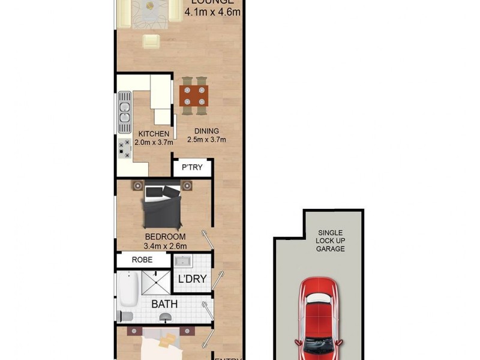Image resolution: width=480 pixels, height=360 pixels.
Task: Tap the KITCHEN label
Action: (153, 133)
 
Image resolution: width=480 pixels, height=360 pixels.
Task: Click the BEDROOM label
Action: (165, 236)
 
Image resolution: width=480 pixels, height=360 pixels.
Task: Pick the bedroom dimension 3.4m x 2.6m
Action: (165, 246)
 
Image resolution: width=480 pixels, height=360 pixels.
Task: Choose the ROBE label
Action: (143, 260)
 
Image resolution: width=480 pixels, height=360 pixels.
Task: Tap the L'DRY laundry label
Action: (192, 279)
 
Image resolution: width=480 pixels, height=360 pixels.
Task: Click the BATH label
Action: (164, 304)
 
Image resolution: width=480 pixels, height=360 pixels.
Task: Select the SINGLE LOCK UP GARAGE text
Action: (331, 240)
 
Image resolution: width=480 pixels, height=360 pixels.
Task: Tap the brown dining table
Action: (194, 95)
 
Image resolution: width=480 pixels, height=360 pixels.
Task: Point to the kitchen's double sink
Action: (125, 113)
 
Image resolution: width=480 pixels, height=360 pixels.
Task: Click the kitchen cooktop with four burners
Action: (125, 148)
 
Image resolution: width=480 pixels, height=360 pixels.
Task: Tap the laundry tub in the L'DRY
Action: (182, 262)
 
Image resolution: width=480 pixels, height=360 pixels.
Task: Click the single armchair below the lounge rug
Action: (151, 41)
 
